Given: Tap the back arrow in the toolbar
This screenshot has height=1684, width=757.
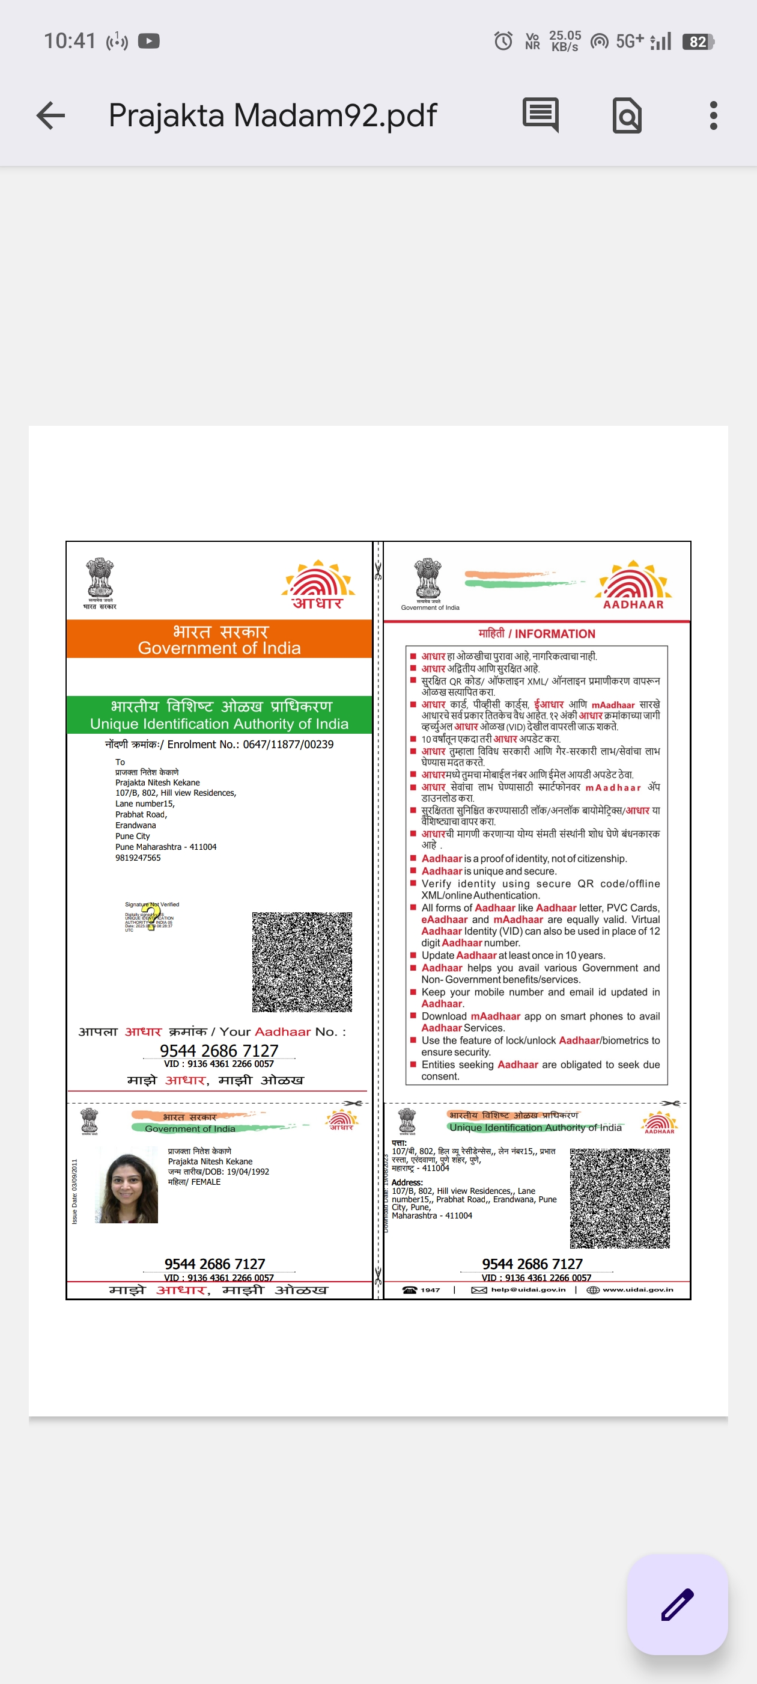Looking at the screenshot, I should pos(51,115).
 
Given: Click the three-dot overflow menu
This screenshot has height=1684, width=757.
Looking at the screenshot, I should pos(713,115).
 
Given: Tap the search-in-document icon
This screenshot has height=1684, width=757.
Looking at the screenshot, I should pos(627,115).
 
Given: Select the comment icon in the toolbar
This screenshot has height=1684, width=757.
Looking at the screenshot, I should pos(540,115).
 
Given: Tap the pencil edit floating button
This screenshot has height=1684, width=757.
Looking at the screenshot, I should pos(677,1604).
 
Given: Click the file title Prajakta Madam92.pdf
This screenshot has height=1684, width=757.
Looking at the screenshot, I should pos(272,115).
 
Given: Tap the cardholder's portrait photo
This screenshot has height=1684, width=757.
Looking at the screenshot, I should pos(127,1188).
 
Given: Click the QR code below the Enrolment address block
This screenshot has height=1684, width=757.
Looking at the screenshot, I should pos(302,962).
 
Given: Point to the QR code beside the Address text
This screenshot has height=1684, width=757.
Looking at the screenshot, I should pos(620,1198).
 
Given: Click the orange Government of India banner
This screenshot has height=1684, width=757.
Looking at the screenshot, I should pos(219,639).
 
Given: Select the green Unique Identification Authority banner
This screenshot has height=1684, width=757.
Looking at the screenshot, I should pos(219,714).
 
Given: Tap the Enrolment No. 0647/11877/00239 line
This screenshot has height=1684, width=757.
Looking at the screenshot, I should pos(219,745).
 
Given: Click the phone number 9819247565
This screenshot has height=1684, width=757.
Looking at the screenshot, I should pos(138,858).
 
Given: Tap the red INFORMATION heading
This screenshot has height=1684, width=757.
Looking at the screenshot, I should pos(537,633).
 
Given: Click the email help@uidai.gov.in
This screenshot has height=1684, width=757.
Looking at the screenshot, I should pos(527,1290).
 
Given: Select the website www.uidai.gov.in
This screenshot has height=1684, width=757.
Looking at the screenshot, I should pos(637,1290).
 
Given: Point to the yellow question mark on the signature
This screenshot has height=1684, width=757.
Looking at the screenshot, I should pos(151,915).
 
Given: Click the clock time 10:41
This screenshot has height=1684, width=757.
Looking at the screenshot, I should pos(69,41).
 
